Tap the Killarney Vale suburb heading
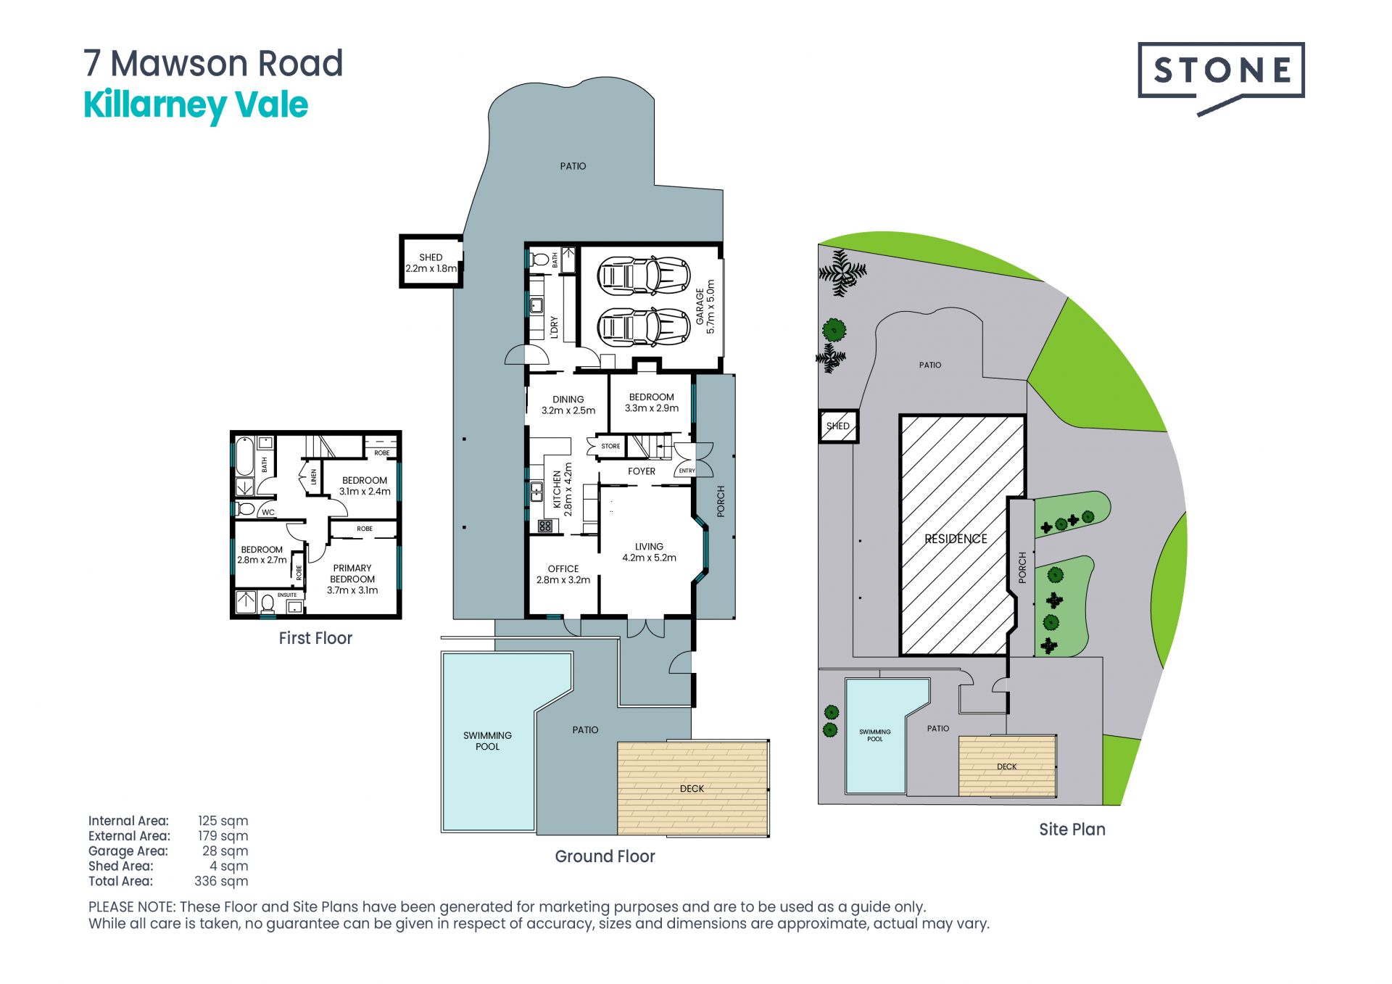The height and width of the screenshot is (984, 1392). pyautogui.click(x=196, y=106)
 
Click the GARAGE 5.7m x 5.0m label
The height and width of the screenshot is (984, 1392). pyautogui.click(x=705, y=307)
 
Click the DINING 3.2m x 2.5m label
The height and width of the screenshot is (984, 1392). pyautogui.click(x=568, y=405)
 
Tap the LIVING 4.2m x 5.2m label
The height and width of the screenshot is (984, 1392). pyautogui.click(x=649, y=552)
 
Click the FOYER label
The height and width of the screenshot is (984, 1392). pyautogui.click(x=642, y=471)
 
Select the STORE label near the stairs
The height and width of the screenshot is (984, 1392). pyautogui.click(x=610, y=446)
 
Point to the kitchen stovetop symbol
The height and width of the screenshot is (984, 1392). pyautogui.click(x=545, y=526)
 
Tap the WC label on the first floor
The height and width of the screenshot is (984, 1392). pyautogui.click(x=268, y=512)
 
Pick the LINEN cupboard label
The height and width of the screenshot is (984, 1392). pyautogui.click(x=314, y=477)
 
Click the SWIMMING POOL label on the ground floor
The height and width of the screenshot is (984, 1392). pyautogui.click(x=487, y=740)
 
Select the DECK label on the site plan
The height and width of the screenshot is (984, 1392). pyautogui.click(x=1007, y=766)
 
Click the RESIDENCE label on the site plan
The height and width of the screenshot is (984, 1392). pyautogui.click(x=956, y=539)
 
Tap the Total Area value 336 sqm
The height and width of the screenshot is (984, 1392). pyautogui.click(x=221, y=881)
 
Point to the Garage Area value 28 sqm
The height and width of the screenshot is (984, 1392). pyautogui.click(x=225, y=851)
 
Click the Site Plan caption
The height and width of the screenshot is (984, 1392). pyautogui.click(x=1072, y=830)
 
